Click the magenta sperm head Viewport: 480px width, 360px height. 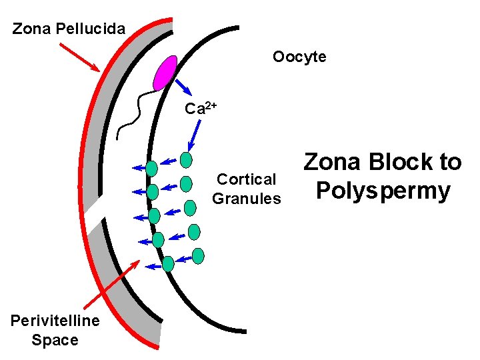click(165, 73)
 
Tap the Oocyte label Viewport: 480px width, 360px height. click(299, 57)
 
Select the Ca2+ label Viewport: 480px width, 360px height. click(201, 108)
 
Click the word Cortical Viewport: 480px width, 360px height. click(246, 179)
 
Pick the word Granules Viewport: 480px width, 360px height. click(246, 198)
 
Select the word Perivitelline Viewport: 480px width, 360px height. click(55, 321)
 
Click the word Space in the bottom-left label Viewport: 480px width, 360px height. click(55, 340)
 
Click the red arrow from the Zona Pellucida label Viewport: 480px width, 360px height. click(80, 57)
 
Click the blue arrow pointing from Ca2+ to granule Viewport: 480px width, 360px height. click(194, 136)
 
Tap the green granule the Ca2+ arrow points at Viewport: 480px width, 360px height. click(186, 159)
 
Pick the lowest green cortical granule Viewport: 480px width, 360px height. click(168, 264)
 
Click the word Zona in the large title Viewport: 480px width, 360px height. click(331, 161)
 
